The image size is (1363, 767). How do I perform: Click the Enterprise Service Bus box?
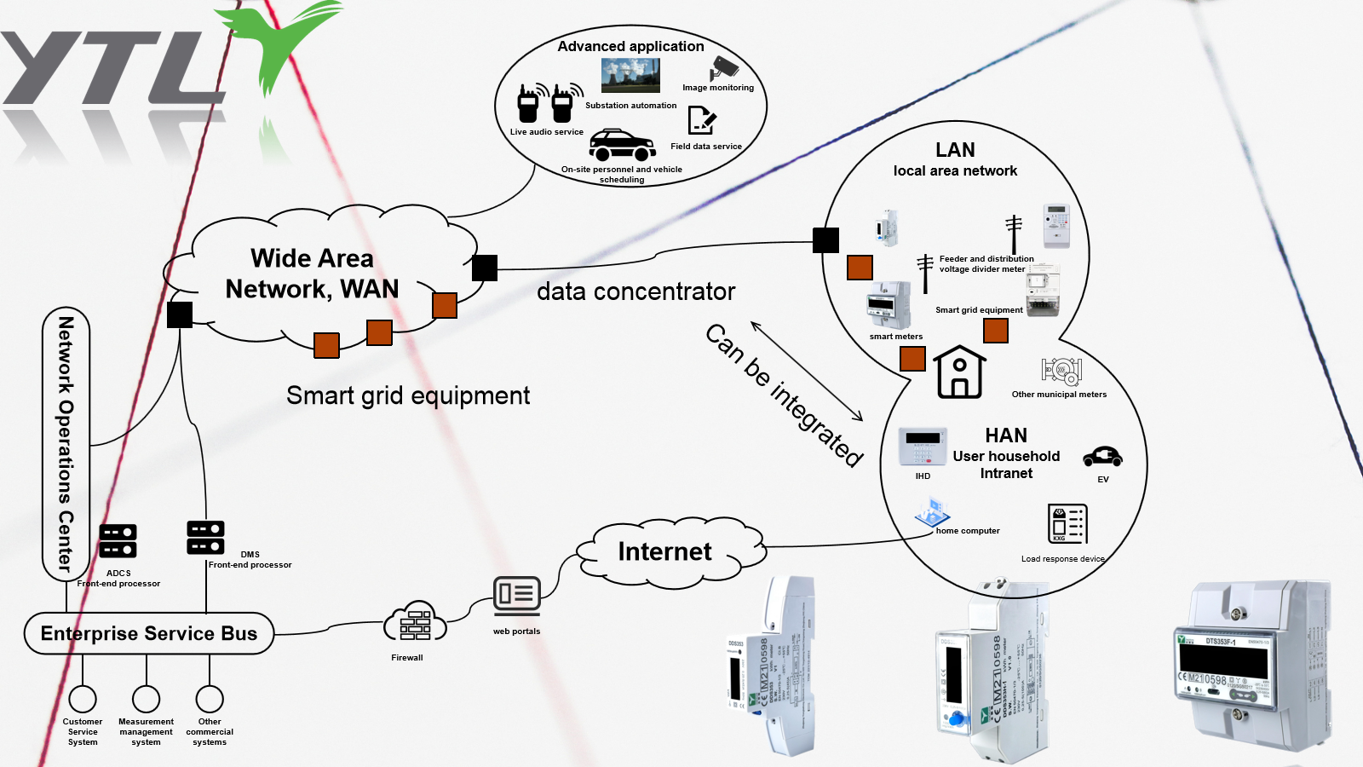tap(149, 633)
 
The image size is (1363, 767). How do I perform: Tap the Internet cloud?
tap(664, 552)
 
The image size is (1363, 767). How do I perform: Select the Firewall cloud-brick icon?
tap(414, 623)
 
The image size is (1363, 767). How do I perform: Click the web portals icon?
tap(516, 595)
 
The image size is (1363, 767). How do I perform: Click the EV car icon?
tap(1102, 457)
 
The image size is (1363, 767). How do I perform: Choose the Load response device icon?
tap(1067, 523)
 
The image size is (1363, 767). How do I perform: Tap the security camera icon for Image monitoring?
tap(724, 68)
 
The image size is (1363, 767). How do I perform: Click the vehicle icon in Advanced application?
tap(622, 146)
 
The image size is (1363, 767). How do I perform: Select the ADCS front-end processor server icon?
tap(118, 541)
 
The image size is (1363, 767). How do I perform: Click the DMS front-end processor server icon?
tap(205, 538)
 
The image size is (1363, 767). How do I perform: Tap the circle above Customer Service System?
tap(83, 699)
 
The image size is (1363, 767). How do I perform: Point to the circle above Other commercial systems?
tap(210, 699)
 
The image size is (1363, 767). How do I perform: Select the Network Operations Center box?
tap(66, 443)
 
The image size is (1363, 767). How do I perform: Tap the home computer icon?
tap(932, 513)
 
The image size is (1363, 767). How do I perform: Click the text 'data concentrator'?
tap(635, 291)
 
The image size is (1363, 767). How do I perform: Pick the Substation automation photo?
tap(630, 76)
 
